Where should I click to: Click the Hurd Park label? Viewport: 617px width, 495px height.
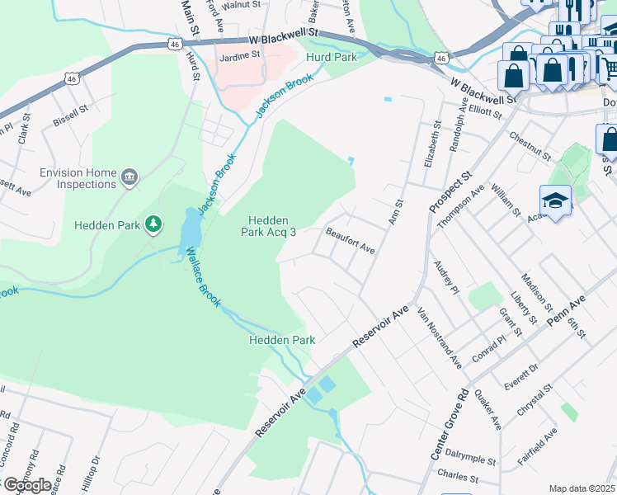click(x=331, y=57)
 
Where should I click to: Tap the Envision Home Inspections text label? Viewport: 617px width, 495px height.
click(x=78, y=178)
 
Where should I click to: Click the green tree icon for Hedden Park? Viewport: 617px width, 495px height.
click(x=153, y=224)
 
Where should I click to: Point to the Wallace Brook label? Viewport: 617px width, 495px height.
click(x=202, y=277)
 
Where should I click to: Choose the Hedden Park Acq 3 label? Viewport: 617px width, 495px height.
click(x=269, y=226)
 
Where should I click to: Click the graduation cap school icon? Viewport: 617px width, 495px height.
click(x=555, y=201)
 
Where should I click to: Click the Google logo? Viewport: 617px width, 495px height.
click(x=26, y=484)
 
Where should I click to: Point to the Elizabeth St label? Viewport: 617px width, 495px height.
click(x=428, y=146)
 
